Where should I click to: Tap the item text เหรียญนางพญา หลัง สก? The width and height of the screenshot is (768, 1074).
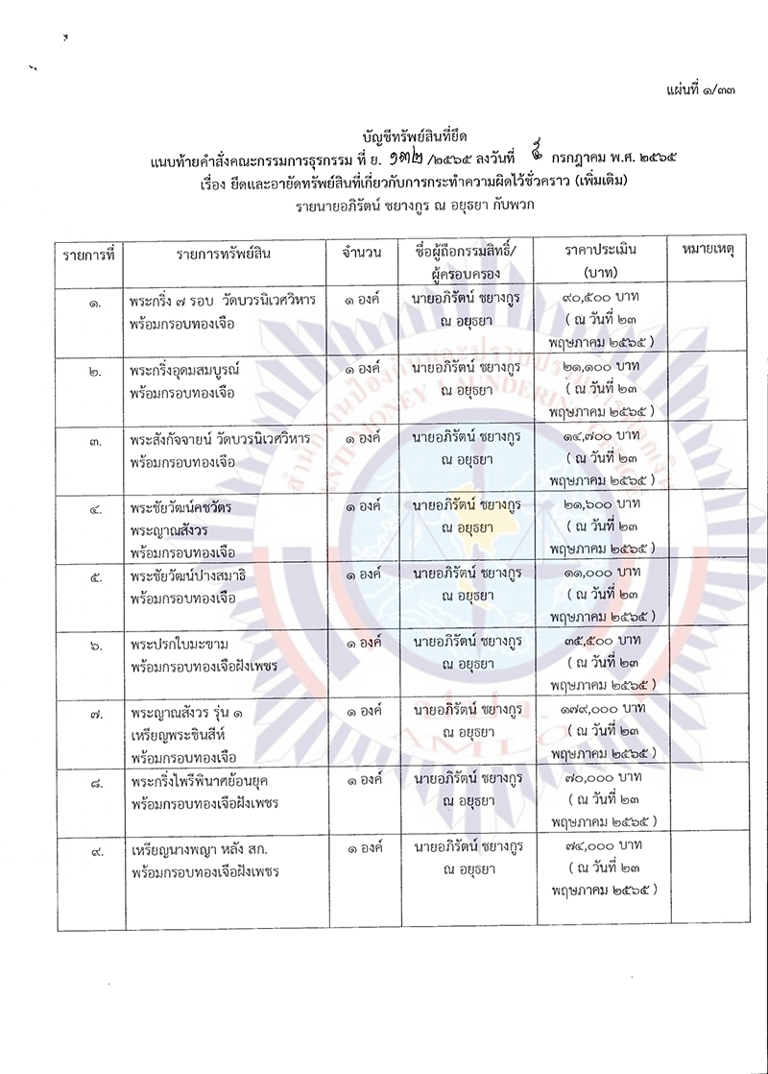click(208, 849)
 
